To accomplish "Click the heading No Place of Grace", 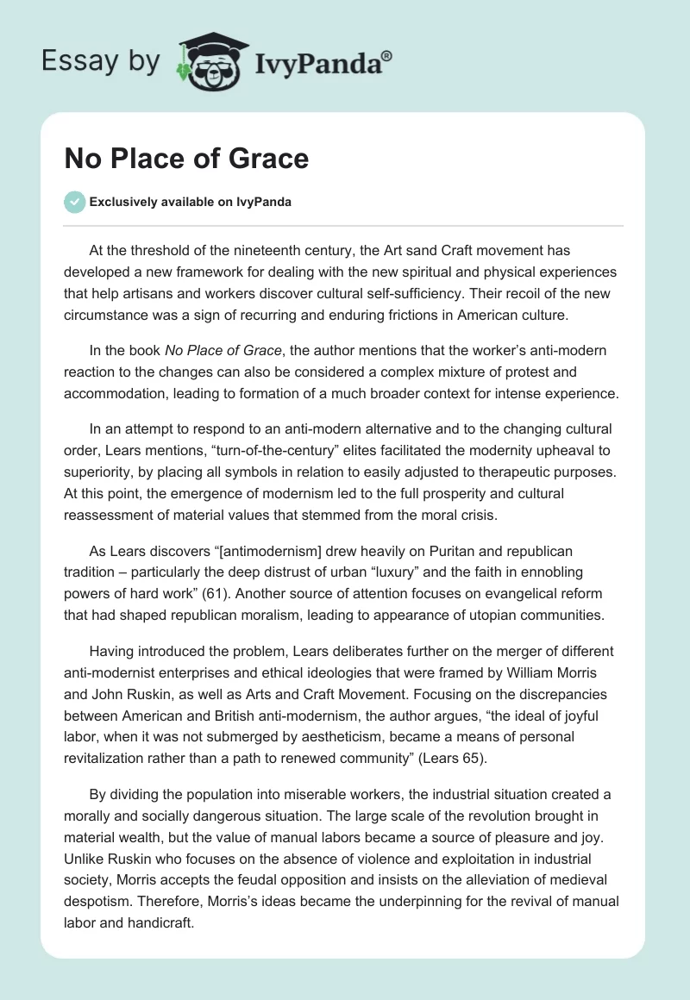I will click(186, 159).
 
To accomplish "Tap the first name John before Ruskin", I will click(106, 692).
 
